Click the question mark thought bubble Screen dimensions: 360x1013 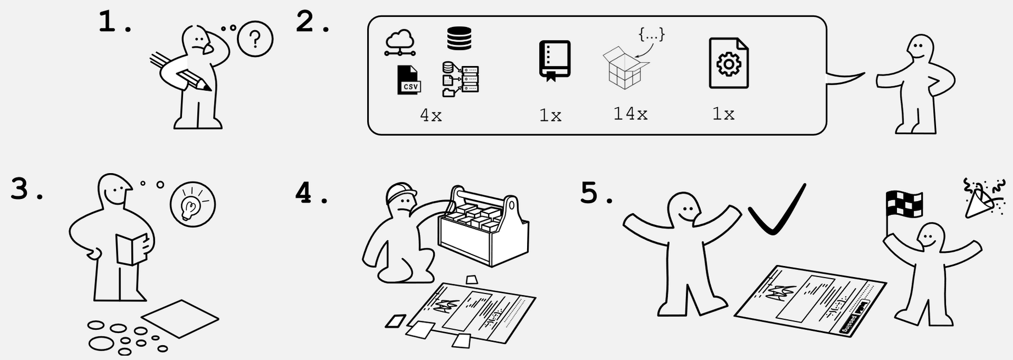point(254,38)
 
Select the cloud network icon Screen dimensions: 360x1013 point(400,42)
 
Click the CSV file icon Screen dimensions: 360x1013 point(408,80)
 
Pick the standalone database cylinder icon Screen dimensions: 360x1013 point(459,38)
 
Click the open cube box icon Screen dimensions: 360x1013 point(625,68)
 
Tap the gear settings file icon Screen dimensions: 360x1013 point(728,63)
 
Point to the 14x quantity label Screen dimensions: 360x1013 point(630,114)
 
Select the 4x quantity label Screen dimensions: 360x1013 point(430,115)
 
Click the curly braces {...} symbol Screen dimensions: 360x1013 point(651,34)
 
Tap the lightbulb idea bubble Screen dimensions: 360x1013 point(192,204)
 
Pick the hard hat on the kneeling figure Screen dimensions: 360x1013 point(401,192)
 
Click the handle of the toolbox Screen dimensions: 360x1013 point(484,197)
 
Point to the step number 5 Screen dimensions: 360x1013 point(590,193)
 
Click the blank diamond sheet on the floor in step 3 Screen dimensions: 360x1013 point(180,318)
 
